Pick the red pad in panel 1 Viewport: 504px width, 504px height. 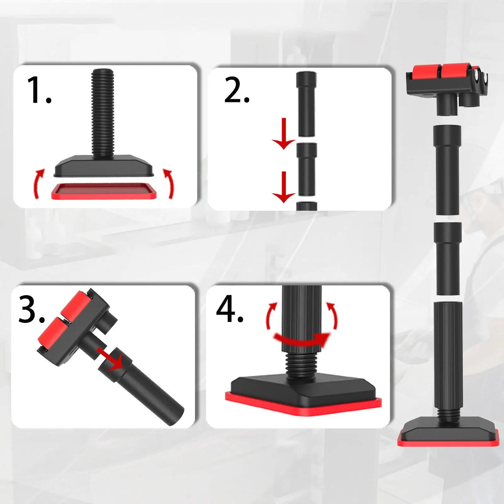104,192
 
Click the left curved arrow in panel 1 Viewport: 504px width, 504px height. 38,183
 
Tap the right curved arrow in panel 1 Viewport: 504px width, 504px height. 169,183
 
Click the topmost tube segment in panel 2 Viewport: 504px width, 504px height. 306,104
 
